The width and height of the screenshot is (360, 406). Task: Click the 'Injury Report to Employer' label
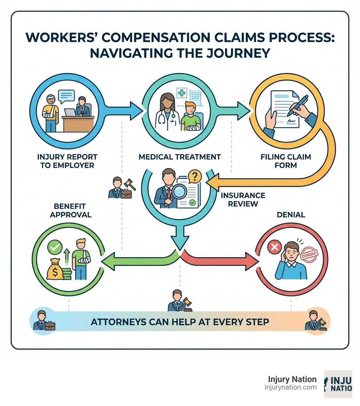point(67,161)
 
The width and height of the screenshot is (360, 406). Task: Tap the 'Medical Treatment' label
point(180,157)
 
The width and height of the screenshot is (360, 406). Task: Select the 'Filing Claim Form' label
point(286,161)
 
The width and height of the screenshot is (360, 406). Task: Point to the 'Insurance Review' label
point(243,199)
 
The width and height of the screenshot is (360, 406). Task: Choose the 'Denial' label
point(291,215)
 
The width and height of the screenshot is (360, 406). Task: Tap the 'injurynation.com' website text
point(290,387)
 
